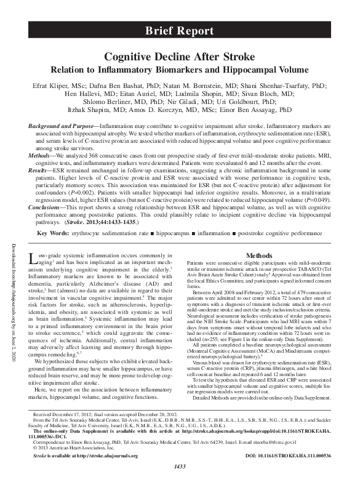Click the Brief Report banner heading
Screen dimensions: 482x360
click(x=180, y=30)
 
